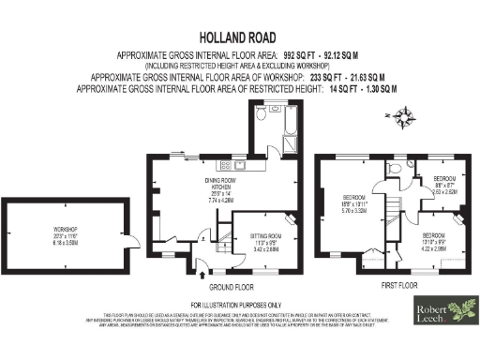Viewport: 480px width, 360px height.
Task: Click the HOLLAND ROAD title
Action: pyautogui.click(x=239, y=39)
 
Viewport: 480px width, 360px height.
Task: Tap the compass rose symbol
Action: pyautogui.click(x=405, y=117)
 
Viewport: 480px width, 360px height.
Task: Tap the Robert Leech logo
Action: pyautogui.click(x=445, y=313)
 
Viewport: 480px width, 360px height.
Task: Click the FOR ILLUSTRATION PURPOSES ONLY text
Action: pyautogui.click(x=239, y=306)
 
